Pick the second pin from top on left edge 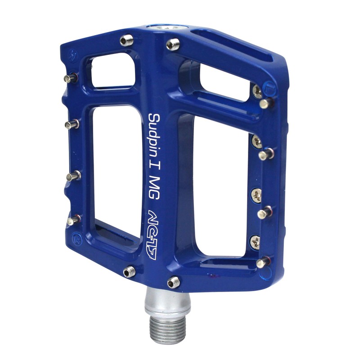(x=71, y=124)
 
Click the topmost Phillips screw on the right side (x=257, y=91)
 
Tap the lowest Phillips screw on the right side (x=255, y=242)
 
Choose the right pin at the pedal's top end (x=173, y=44)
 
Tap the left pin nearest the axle (x=130, y=271)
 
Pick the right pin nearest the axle (x=173, y=282)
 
